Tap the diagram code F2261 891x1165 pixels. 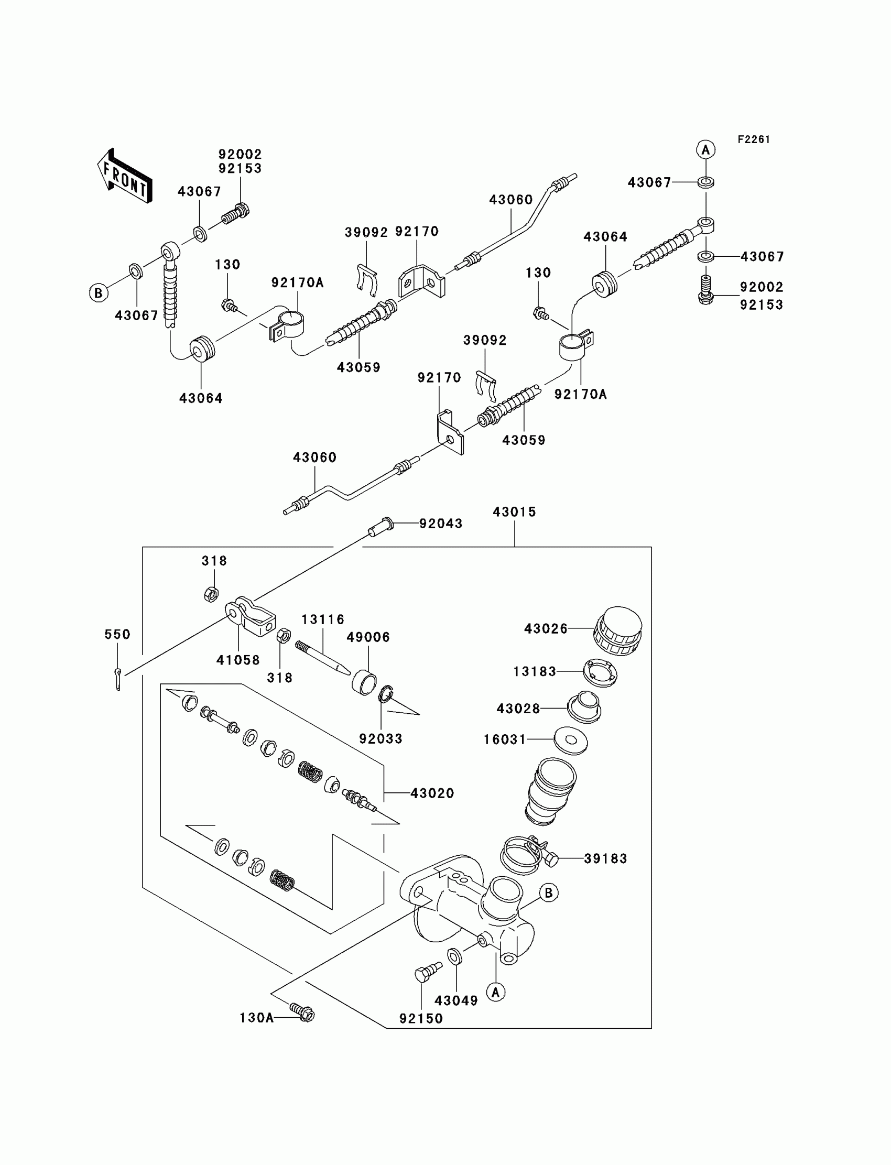754,139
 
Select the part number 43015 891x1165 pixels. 515,511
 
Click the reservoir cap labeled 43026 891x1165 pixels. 617,630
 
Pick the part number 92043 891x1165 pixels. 441,524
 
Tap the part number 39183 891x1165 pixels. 606,858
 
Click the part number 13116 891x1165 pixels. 323,619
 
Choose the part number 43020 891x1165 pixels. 432,793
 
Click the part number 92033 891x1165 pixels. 381,738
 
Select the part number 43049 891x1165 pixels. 455,1000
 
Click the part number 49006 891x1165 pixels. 368,637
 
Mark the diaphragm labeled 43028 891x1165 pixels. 584,706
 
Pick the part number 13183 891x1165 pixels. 535,671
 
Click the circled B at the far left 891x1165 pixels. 98,293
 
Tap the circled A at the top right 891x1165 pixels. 705,150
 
